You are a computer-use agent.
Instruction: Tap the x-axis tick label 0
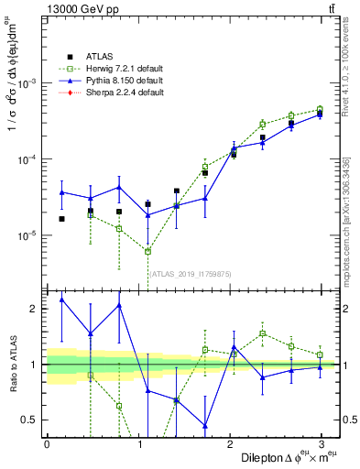47,443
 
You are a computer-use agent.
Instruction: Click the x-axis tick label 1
137,443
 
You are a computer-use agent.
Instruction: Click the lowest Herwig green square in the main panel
148,251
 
